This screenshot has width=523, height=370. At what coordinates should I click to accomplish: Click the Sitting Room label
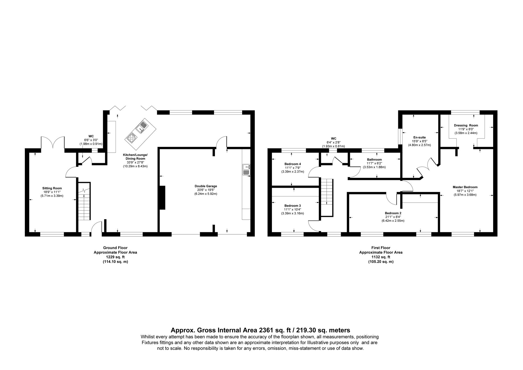[52, 188]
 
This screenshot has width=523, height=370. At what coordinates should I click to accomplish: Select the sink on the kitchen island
[142, 126]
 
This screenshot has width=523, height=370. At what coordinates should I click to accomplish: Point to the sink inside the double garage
[246, 169]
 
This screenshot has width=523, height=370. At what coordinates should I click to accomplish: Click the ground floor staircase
[84, 201]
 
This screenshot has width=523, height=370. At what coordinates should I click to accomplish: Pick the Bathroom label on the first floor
[374, 159]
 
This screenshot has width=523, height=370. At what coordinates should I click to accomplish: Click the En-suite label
[419, 137]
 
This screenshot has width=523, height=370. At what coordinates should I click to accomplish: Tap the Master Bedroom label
[465, 187]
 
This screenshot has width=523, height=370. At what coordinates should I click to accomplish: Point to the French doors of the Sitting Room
[53, 143]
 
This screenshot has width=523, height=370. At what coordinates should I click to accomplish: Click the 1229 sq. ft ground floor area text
[115, 257]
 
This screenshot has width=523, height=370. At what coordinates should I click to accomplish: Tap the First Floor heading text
[380, 248]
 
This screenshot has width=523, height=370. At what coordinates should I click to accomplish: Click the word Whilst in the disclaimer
[148, 336]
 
